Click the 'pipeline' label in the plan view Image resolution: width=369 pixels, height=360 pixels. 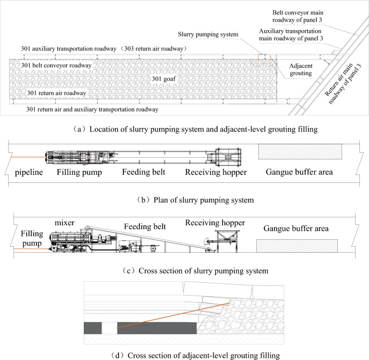(30, 173)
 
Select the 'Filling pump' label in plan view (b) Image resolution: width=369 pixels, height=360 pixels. (79, 173)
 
